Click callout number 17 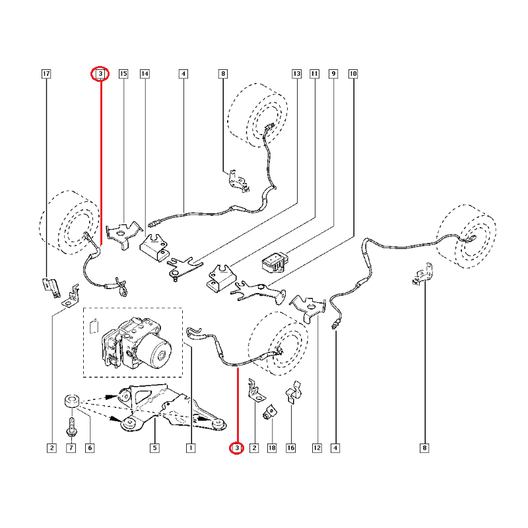pyautogui.click(x=46, y=74)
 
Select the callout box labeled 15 pyautogui.click(x=123, y=74)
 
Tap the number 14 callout pyautogui.click(x=145, y=74)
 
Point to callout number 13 pyautogui.click(x=296, y=74)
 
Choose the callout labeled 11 pyautogui.click(x=315, y=74)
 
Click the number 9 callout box pyautogui.click(x=333, y=74)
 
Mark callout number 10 pyautogui.click(x=353, y=74)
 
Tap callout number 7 pyautogui.click(x=71, y=448)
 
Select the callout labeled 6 pyautogui.click(x=90, y=448)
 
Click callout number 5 pyautogui.click(x=154, y=448)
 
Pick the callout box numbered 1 pyautogui.click(x=191, y=448)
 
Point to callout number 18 pyautogui.click(x=272, y=448)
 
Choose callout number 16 pyautogui.click(x=291, y=448)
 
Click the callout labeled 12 pyautogui.click(x=317, y=448)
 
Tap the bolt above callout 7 pyautogui.click(x=72, y=426)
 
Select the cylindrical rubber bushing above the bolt pyautogui.click(x=72, y=401)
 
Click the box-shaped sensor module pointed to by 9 pyautogui.click(x=275, y=263)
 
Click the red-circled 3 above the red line pyautogui.click(x=100, y=74)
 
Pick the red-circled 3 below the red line pyautogui.click(x=237, y=448)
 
